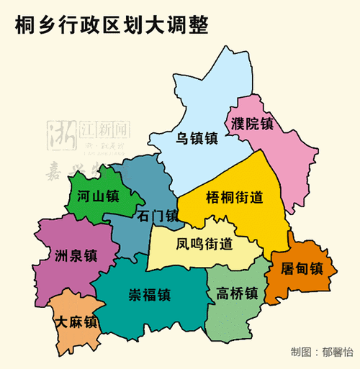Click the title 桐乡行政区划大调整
tap(112, 27)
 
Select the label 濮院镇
tap(252, 123)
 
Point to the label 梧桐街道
tap(233, 197)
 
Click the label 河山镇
tap(98, 196)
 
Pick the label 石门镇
tap(157, 216)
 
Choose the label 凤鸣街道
tap(204, 243)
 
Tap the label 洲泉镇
tap(75, 255)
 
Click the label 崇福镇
tap(150, 295)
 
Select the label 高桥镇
tap(237, 293)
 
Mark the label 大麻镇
tap(77, 322)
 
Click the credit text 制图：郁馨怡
tap(323, 352)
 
